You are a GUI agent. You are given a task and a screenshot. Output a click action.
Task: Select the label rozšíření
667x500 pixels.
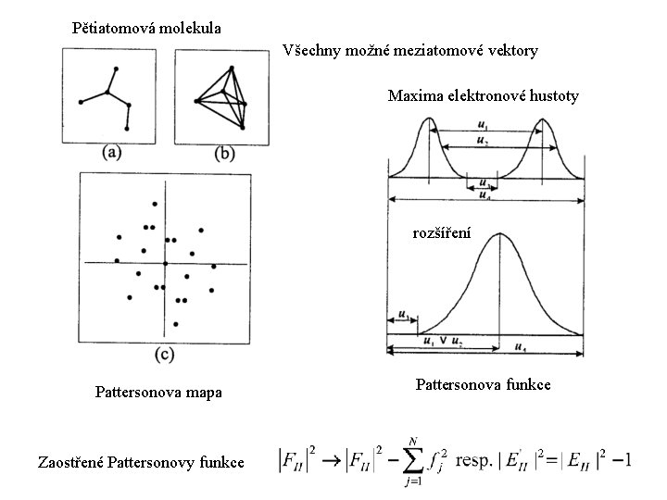[442, 233]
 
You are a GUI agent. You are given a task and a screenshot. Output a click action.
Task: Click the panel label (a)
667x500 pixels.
[113, 153]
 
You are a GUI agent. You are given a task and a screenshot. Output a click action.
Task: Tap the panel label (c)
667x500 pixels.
[164, 353]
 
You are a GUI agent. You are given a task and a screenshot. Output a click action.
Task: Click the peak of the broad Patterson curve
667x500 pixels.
[501, 235]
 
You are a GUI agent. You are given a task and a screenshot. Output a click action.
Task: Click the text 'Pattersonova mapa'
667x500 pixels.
[158, 393]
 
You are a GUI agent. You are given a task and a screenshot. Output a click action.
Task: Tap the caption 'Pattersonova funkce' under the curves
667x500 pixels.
[484, 382]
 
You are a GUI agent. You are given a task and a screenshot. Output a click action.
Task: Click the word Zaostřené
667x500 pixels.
[70, 460]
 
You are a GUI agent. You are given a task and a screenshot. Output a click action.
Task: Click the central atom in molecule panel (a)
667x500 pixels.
[108, 93]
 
